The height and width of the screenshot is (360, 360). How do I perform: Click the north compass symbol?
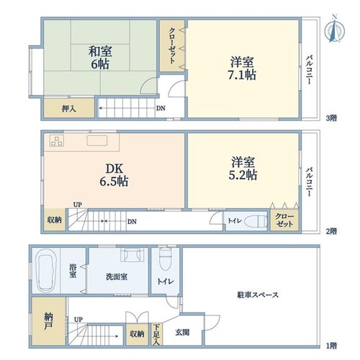(335, 30)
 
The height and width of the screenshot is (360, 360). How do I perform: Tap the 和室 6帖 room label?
(100, 58)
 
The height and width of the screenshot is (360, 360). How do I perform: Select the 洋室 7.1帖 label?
(242, 68)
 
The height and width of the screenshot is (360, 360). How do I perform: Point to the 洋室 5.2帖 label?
(243, 168)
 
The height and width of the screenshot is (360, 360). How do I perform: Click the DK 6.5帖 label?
(114, 175)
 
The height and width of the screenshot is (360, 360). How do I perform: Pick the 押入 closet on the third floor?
(69, 108)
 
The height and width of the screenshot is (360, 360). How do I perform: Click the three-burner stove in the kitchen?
(57, 140)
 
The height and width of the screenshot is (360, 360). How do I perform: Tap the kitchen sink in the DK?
(97, 140)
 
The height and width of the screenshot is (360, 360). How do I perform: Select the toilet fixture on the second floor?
(256, 221)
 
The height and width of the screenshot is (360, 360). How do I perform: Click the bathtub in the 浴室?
(46, 270)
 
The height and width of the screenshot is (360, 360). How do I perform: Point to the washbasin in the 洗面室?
(132, 255)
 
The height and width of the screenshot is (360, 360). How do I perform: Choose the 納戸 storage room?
(49, 321)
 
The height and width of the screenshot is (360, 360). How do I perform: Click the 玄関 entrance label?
(182, 333)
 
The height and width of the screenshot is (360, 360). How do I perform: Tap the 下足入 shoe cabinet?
(156, 335)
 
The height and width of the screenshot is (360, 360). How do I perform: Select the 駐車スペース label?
(258, 294)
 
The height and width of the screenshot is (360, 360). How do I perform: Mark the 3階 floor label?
(331, 118)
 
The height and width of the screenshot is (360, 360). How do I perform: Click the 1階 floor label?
(331, 346)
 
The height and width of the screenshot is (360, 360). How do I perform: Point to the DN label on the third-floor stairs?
(161, 108)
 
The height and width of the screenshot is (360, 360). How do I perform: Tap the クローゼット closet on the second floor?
(284, 220)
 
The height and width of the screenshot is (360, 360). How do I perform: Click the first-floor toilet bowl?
(165, 260)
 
